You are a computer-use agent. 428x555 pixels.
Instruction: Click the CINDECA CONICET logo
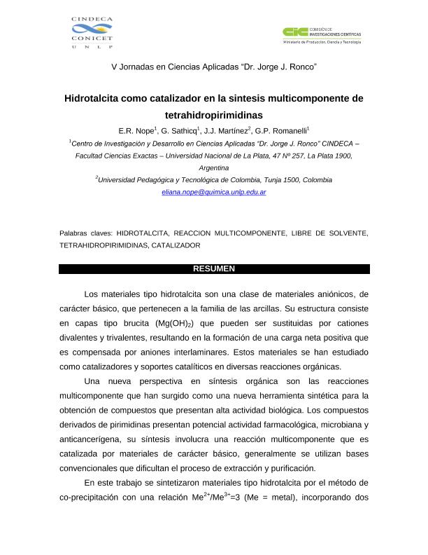pos(92,32)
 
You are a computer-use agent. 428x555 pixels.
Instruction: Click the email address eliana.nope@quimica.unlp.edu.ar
pos(213,191)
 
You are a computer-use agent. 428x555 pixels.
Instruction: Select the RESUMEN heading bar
pos(214,269)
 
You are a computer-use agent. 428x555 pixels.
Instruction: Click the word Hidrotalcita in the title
pos(92,99)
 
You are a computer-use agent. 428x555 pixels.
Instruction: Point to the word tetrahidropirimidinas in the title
pos(214,114)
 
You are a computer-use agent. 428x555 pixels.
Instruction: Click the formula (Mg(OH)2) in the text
pos(170,324)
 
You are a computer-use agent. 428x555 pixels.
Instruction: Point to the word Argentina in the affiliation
pos(214,168)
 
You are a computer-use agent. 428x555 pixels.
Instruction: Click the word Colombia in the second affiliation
pos(315,180)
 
